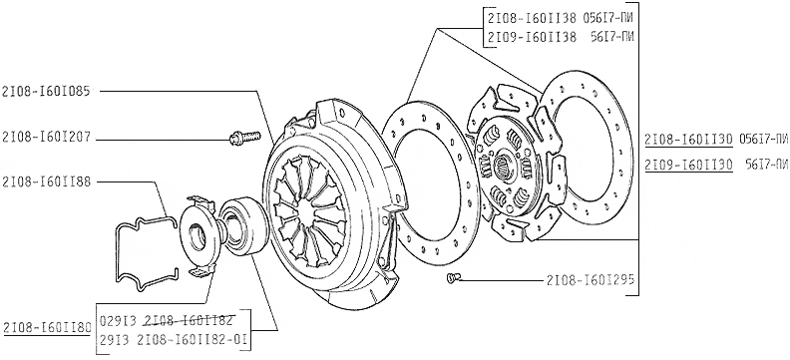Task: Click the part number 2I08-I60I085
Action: (x=46, y=92)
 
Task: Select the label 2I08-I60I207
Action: (x=46, y=137)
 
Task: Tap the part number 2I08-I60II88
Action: (x=46, y=181)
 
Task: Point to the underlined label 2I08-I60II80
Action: (x=47, y=327)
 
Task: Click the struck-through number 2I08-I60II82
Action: (x=189, y=320)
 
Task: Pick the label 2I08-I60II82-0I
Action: (x=192, y=340)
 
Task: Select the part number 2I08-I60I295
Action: (x=590, y=279)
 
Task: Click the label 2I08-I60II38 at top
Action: (x=532, y=19)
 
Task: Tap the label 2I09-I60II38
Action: (x=532, y=37)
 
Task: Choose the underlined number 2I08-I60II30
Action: (x=688, y=140)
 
